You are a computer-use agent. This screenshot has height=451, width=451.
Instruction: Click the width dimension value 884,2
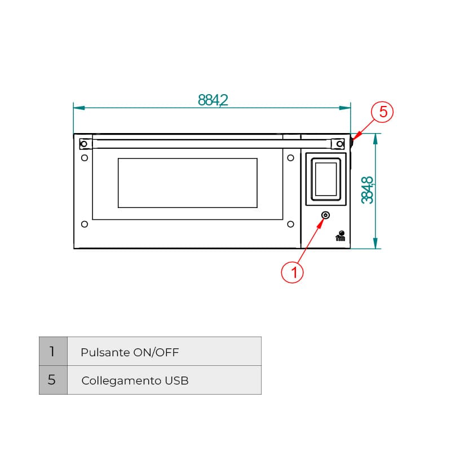pyautogui.click(x=213, y=100)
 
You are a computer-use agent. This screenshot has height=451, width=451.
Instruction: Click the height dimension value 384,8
pyautogui.click(x=368, y=190)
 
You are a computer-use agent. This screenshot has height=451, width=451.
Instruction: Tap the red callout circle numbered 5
pyautogui.click(x=382, y=112)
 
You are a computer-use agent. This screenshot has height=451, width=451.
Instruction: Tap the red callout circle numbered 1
pyautogui.click(x=292, y=272)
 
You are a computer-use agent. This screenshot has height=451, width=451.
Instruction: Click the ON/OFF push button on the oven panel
pyautogui.click(x=325, y=215)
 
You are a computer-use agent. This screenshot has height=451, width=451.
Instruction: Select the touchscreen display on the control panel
pyautogui.click(x=326, y=179)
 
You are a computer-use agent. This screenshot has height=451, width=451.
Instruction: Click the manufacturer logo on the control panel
pyautogui.click(x=341, y=236)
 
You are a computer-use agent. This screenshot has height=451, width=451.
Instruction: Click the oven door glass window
pyautogui.click(x=188, y=183)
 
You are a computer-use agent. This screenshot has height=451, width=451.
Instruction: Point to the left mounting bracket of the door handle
pyautogui.click(x=86, y=144)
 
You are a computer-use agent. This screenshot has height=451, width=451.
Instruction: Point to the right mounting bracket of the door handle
pyautogui.click(x=338, y=144)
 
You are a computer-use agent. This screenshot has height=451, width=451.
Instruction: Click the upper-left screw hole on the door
pyautogui.click(x=85, y=158)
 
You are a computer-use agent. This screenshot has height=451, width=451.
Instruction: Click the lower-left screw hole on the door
pyautogui.click(x=85, y=224)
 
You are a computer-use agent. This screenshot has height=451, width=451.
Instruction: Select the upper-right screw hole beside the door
pyautogui.click(x=290, y=158)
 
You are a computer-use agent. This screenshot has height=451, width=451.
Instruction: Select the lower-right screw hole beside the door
pyautogui.click(x=290, y=224)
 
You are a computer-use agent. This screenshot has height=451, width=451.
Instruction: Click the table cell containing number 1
pyautogui.click(x=53, y=351)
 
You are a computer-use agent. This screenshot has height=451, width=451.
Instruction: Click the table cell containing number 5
pyautogui.click(x=53, y=380)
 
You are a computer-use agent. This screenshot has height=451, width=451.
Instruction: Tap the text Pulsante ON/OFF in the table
pyautogui.click(x=130, y=352)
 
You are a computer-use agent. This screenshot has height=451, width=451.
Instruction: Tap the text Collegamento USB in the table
pyautogui.click(x=135, y=381)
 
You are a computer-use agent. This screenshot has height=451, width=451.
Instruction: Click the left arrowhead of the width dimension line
pyautogui.click(x=79, y=108)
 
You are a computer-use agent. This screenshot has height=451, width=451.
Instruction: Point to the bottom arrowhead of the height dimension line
pyautogui.click(x=375, y=244)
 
